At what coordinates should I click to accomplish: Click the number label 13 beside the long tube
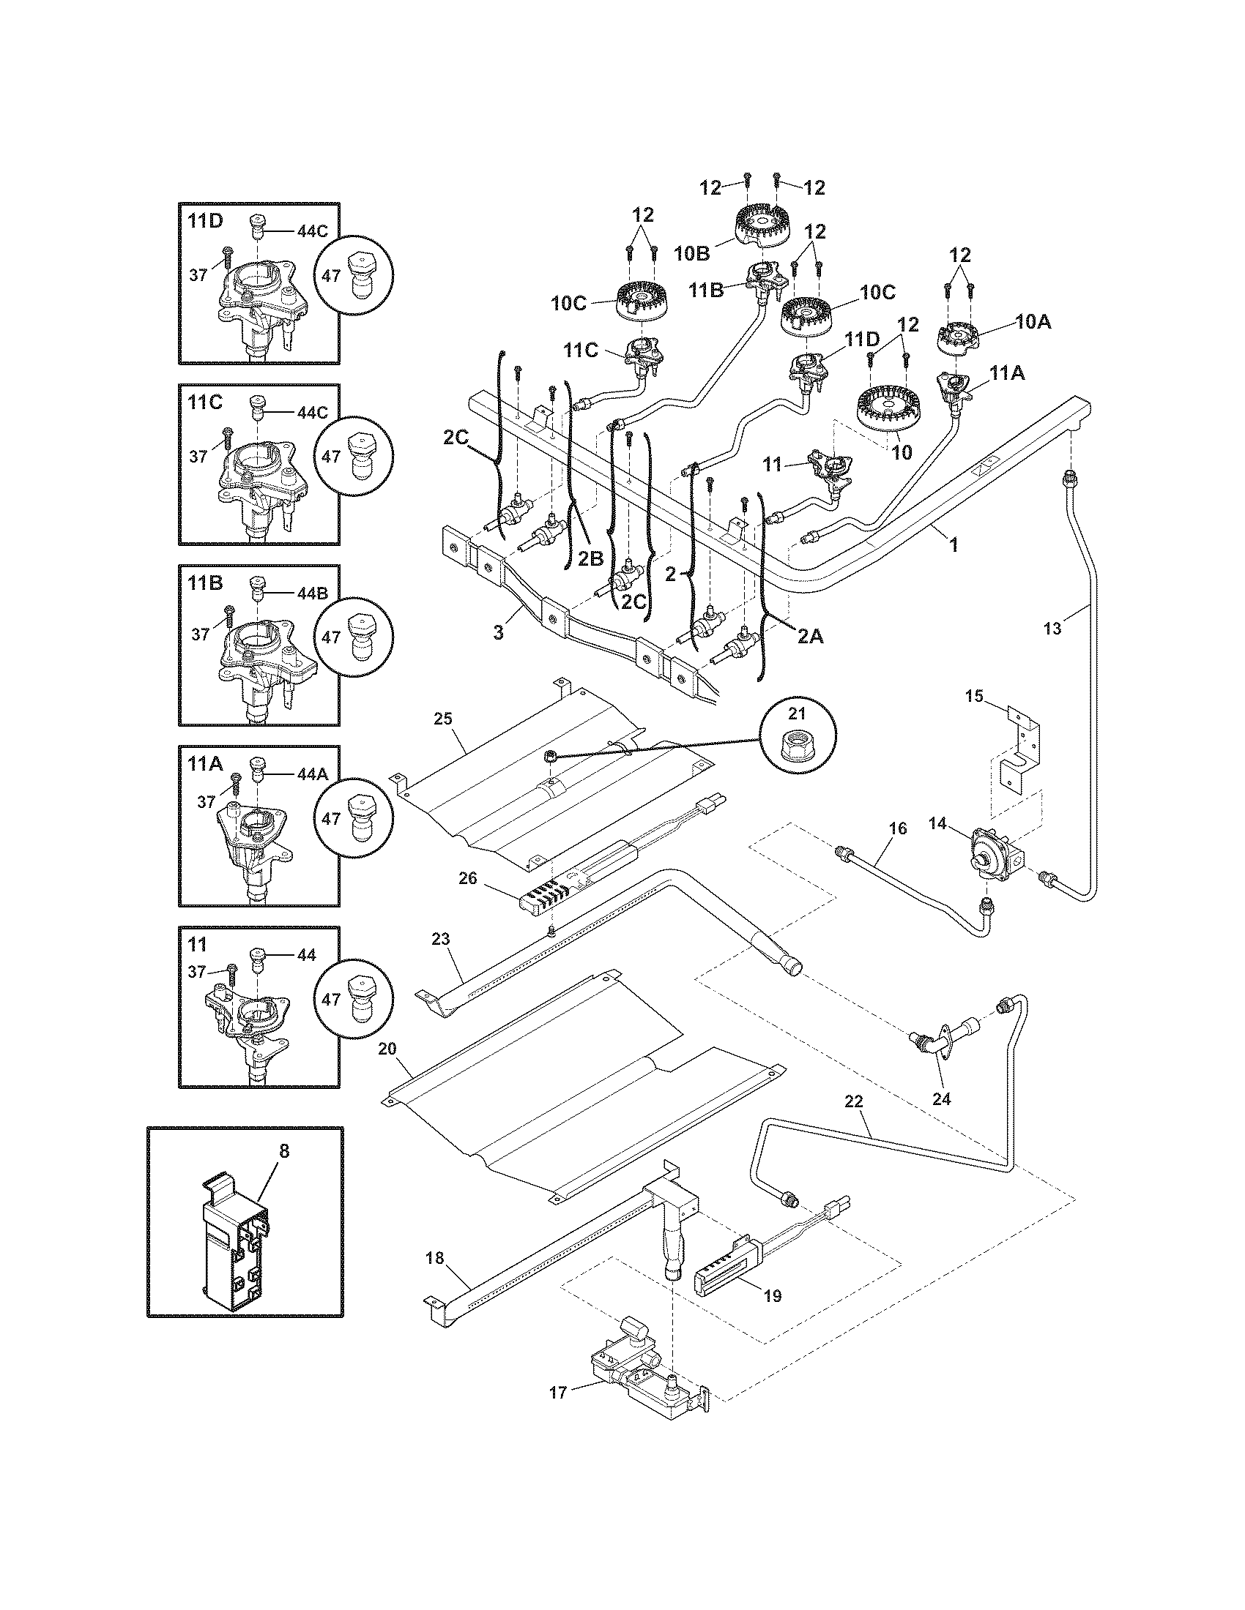pyautogui.click(x=1052, y=628)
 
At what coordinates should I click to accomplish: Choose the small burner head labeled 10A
pyautogui.click(x=959, y=337)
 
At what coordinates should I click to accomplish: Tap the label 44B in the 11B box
pyautogui.click(x=312, y=594)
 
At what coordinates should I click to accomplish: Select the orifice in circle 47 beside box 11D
pyautogui.click(x=357, y=274)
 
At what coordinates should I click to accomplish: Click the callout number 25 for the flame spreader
pyautogui.click(x=443, y=719)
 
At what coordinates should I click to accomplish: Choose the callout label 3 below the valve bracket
pyautogui.click(x=499, y=632)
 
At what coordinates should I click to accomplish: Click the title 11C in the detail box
pyautogui.click(x=205, y=402)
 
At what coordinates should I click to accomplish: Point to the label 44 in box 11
pyautogui.click(x=306, y=955)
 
